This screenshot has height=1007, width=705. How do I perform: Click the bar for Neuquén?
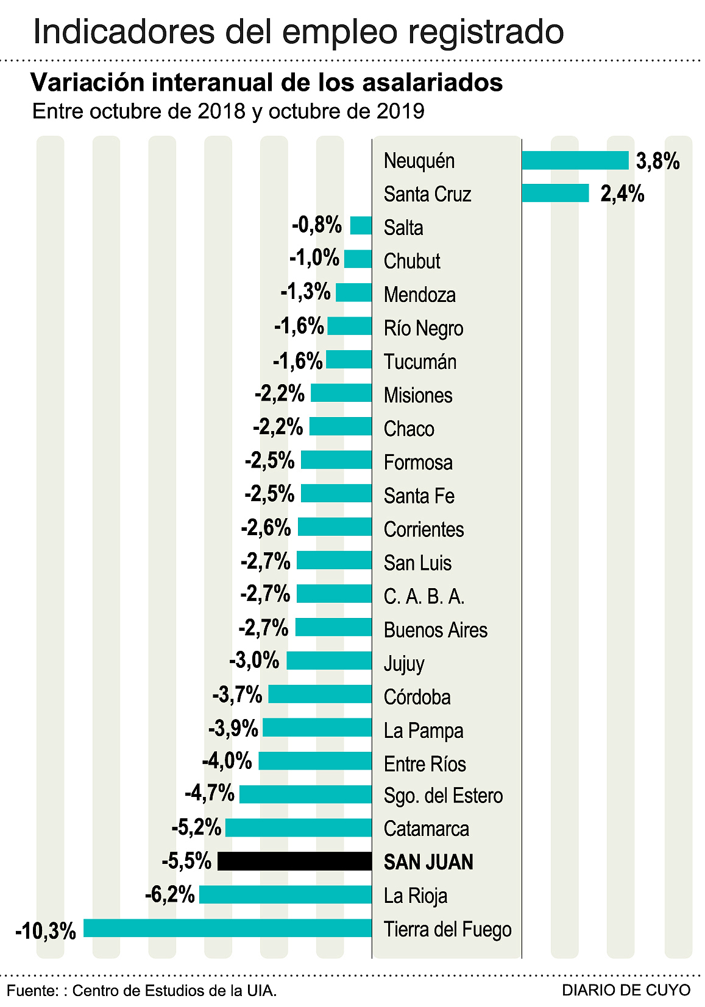coord(575,161)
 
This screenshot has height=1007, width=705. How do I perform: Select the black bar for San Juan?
coord(294,861)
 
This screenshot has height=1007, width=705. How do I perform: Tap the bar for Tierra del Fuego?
coord(227,928)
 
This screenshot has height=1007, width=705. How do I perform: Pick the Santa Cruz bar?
coord(555,194)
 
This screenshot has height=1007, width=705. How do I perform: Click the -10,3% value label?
coord(46,931)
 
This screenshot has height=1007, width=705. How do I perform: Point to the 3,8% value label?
coord(657,161)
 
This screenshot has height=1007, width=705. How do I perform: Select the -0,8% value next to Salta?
coord(317,225)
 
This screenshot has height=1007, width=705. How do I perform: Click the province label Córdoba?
coord(417,696)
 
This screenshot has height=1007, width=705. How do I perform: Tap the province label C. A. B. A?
coord(423,597)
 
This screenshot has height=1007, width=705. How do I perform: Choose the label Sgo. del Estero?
coord(443,796)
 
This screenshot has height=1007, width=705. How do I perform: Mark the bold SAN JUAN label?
coord(428,862)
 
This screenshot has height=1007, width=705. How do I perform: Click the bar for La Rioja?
coord(285,895)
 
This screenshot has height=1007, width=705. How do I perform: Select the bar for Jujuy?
coord(329,661)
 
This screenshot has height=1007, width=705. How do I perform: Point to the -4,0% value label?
coord(227,761)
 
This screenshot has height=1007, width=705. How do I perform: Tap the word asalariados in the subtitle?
coord(431,82)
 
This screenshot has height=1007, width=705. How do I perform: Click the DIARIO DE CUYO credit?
coord(626,990)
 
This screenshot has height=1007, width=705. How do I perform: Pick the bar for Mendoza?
coord(353,292)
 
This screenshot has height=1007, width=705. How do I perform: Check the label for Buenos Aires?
coord(435,630)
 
